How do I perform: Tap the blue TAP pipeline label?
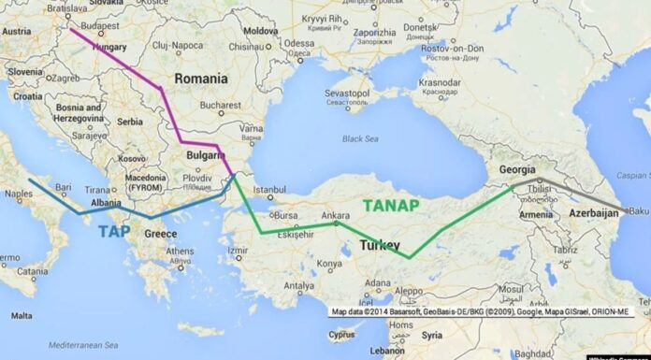pyautogui.click(x=114, y=231)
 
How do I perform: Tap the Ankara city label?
pyautogui.click(x=336, y=215)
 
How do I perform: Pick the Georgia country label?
pyautogui.click(x=517, y=169)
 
